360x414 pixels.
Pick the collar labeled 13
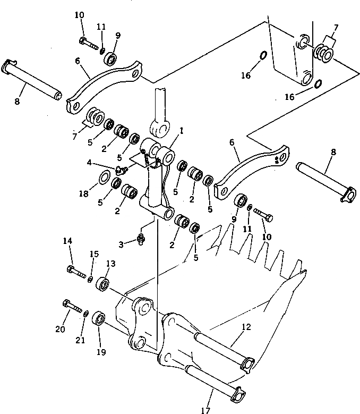click(103, 284)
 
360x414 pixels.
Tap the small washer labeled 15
click(91, 279)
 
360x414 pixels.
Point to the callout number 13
click(110, 264)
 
